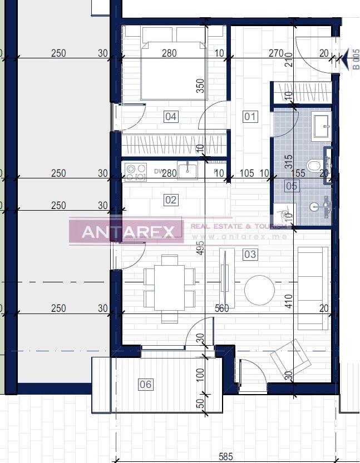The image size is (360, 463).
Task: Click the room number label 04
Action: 171,117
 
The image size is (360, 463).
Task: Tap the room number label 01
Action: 250,117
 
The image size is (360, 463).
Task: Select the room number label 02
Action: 171,200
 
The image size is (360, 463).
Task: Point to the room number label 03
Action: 250,255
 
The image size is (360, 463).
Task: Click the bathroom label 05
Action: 292,186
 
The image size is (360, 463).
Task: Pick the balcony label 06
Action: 145,384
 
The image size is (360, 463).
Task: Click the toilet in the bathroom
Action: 315,166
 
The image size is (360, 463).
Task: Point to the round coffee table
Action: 259,290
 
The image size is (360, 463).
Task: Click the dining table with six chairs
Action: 169,288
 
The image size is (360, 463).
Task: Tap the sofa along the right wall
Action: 313,287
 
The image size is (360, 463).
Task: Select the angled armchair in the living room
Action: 290,358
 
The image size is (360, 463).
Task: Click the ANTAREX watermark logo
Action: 126,232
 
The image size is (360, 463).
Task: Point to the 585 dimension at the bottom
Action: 225,457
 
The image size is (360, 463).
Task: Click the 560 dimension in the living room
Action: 221,308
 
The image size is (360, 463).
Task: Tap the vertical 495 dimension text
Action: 201,246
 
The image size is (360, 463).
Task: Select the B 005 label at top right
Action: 356,59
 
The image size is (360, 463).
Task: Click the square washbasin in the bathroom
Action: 321,125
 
